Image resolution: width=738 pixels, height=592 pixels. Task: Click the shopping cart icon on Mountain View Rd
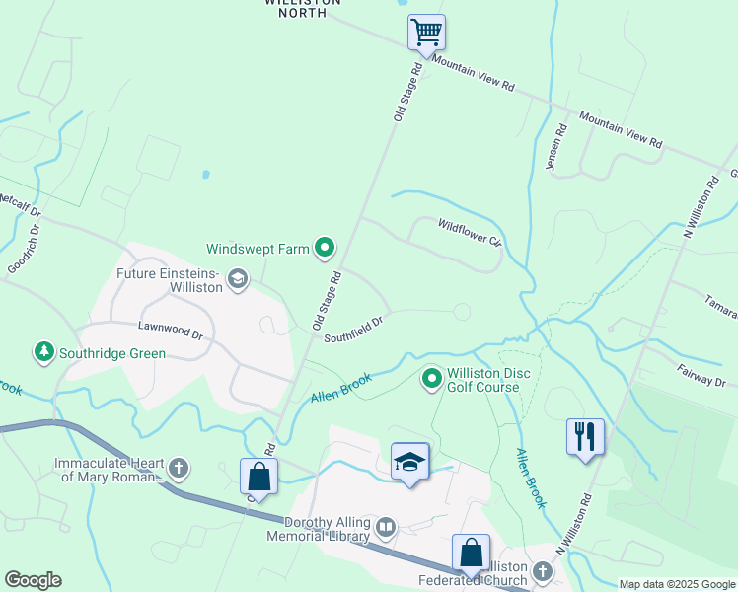(x=426, y=32)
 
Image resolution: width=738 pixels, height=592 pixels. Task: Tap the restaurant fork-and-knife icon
(x=585, y=436)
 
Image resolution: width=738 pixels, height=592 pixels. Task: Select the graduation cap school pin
(x=409, y=462)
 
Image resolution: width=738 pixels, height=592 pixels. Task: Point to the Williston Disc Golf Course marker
(x=431, y=378)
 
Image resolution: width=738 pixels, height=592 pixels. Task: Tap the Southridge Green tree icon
(x=43, y=351)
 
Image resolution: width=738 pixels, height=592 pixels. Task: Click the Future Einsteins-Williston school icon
(x=237, y=281)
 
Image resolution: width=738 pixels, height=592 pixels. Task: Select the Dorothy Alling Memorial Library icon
(x=385, y=529)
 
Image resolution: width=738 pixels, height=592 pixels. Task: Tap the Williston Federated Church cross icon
(x=542, y=571)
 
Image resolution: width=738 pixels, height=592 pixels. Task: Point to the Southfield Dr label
(x=353, y=329)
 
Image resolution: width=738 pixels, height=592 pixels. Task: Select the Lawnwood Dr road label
(x=170, y=334)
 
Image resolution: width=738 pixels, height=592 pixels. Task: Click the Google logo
(x=33, y=580)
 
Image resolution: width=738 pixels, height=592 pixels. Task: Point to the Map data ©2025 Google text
(x=677, y=584)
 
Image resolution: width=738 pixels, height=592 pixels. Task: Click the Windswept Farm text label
(x=258, y=249)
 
